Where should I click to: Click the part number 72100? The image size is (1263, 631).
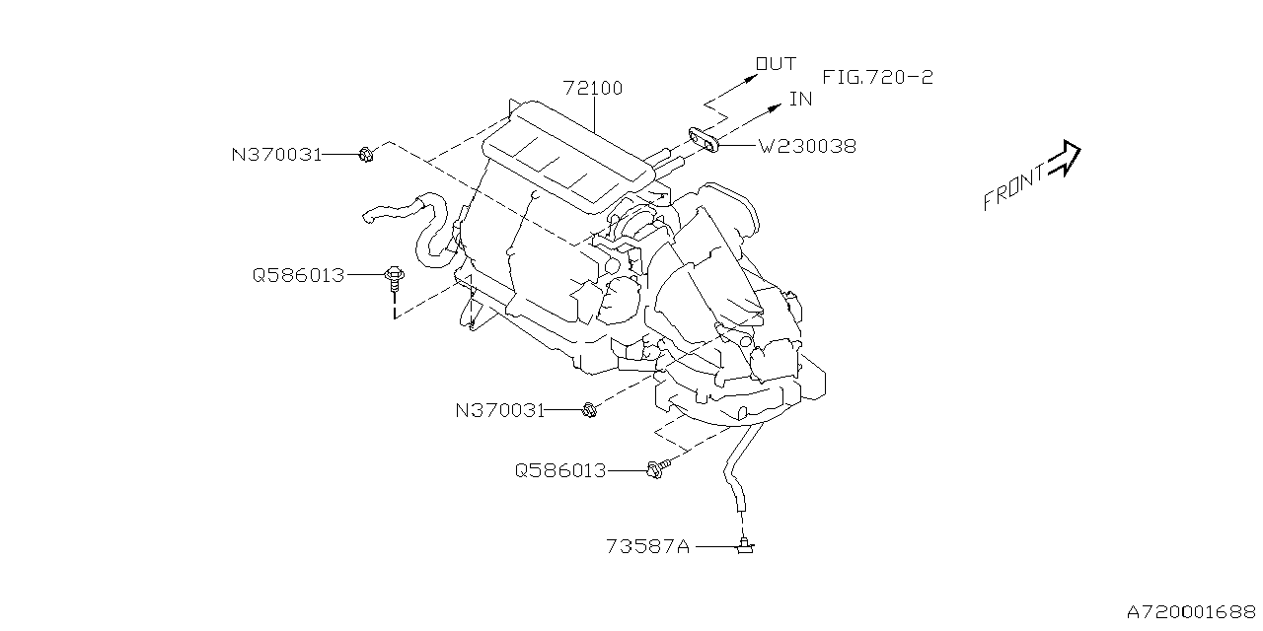(593, 88)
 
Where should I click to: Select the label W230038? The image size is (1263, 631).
(807, 147)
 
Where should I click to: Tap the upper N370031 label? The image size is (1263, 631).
(276, 154)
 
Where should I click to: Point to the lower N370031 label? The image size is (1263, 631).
(500, 409)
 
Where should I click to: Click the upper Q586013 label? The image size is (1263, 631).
(298, 275)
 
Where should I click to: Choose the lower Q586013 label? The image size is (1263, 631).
(559, 470)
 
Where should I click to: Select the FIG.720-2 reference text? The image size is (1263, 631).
(877, 76)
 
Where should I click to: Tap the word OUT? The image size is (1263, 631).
(776, 64)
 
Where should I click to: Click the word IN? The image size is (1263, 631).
(800, 99)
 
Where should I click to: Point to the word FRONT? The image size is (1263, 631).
(1013, 187)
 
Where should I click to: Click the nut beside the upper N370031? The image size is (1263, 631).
(365, 154)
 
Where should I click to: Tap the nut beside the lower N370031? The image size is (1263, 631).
(589, 409)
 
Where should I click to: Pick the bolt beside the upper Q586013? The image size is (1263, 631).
(394, 276)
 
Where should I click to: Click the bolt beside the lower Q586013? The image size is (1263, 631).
(654, 469)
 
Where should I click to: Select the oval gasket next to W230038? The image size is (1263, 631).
(703, 140)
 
